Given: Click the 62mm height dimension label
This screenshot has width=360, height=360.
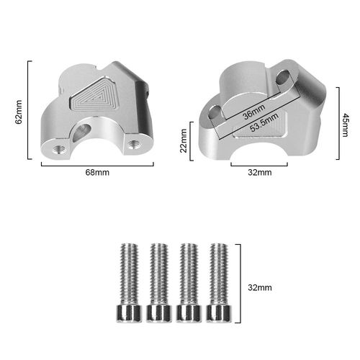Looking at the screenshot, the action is (x=19, y=112).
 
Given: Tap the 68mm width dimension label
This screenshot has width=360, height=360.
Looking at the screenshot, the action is (x=97, y=172).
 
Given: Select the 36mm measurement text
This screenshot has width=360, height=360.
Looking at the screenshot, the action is (x=254, y=112).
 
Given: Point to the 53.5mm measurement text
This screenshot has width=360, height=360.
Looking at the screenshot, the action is (x=264, y=122).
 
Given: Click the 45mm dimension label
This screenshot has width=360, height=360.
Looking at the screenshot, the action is (x=345, y=125).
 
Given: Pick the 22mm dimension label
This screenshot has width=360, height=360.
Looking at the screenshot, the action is (x=184, y=140).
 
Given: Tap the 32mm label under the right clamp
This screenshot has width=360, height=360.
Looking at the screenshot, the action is (x=260, y=172).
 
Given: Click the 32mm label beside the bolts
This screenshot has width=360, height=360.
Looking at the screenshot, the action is (x=260, y=287).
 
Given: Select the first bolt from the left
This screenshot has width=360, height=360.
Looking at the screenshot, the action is (x=129, y=283).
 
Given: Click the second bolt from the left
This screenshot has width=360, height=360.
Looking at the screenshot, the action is (x=159, y=283).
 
